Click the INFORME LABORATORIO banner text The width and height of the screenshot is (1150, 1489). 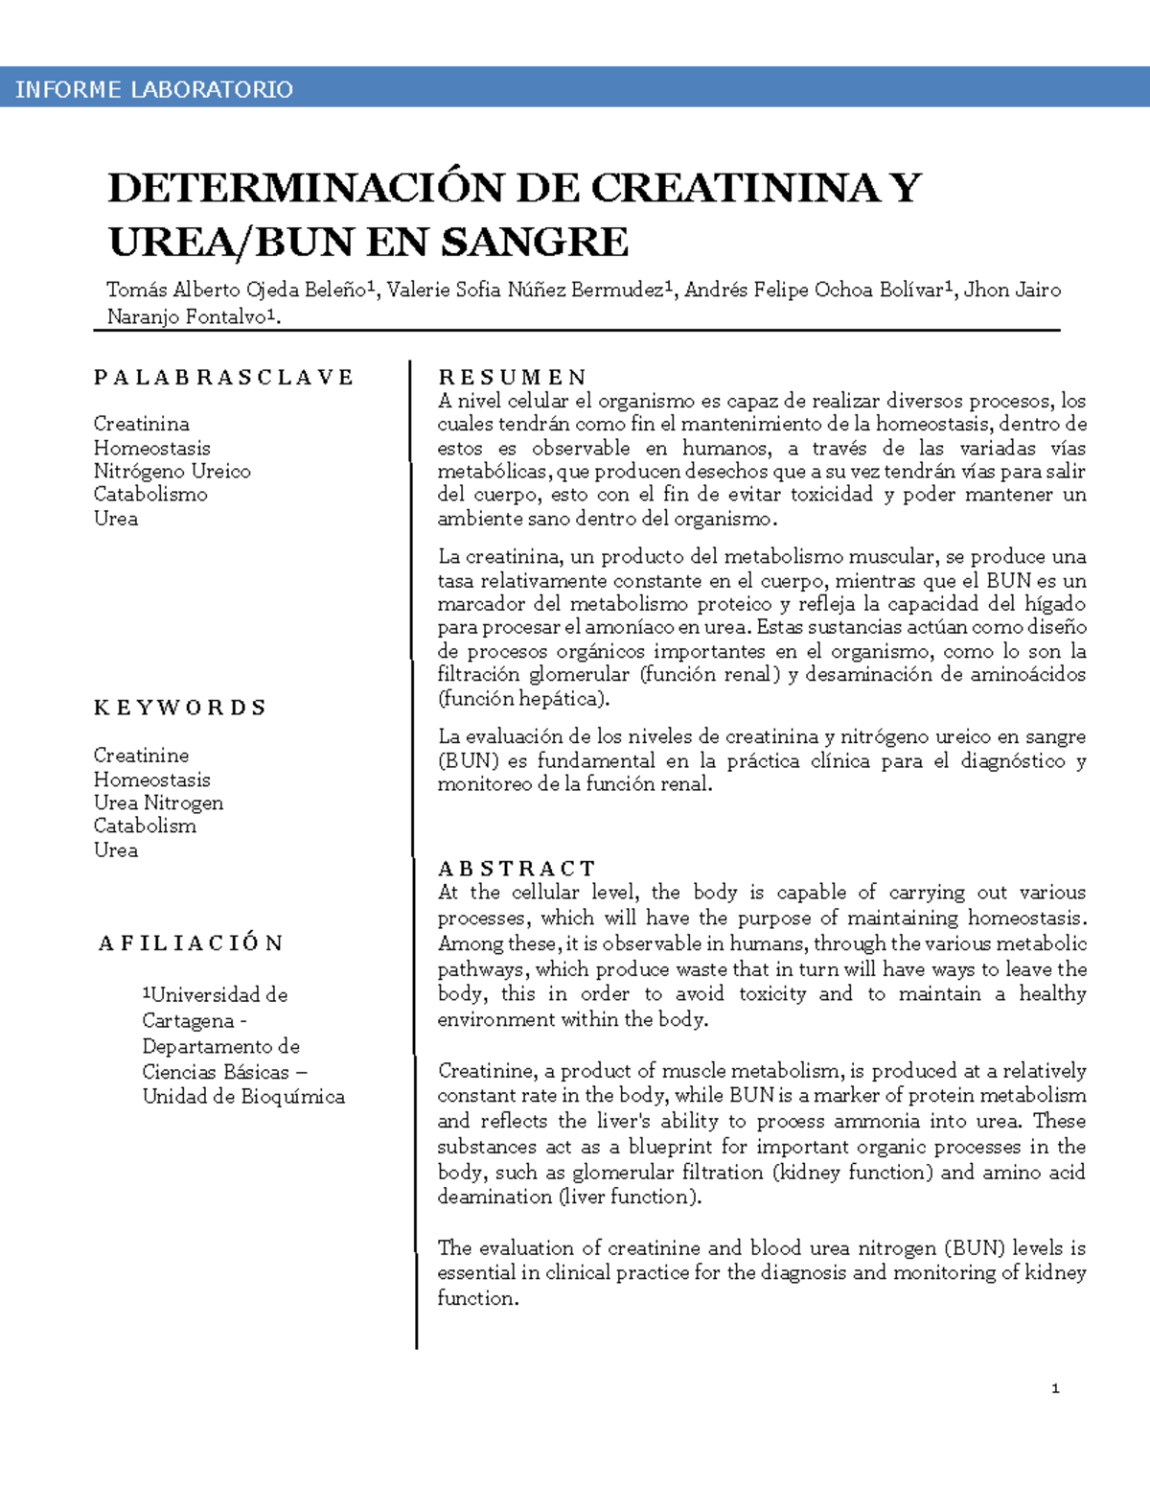coord(154,89)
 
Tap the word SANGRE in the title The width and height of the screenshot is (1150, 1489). coord(534,242)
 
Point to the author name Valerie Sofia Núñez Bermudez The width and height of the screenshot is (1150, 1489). coord(525,290)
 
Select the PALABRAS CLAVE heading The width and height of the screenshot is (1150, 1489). coord(223,377)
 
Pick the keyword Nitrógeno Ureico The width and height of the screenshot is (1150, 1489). coord(172,471)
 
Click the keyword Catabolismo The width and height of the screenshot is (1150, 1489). coord(150,494)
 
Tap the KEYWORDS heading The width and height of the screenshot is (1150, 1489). coord(179,708)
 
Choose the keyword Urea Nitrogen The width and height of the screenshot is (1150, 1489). coord(158,803)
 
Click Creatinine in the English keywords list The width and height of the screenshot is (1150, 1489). coord(141,756)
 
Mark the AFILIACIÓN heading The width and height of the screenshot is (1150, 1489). coord(191,943)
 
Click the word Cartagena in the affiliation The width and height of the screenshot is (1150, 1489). coord(188,1020)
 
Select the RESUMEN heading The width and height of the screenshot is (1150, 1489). coord(512,377)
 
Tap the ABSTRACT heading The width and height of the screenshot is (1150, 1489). coord(517,869)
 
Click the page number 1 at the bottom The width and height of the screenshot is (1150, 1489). coord(1055,1388)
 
